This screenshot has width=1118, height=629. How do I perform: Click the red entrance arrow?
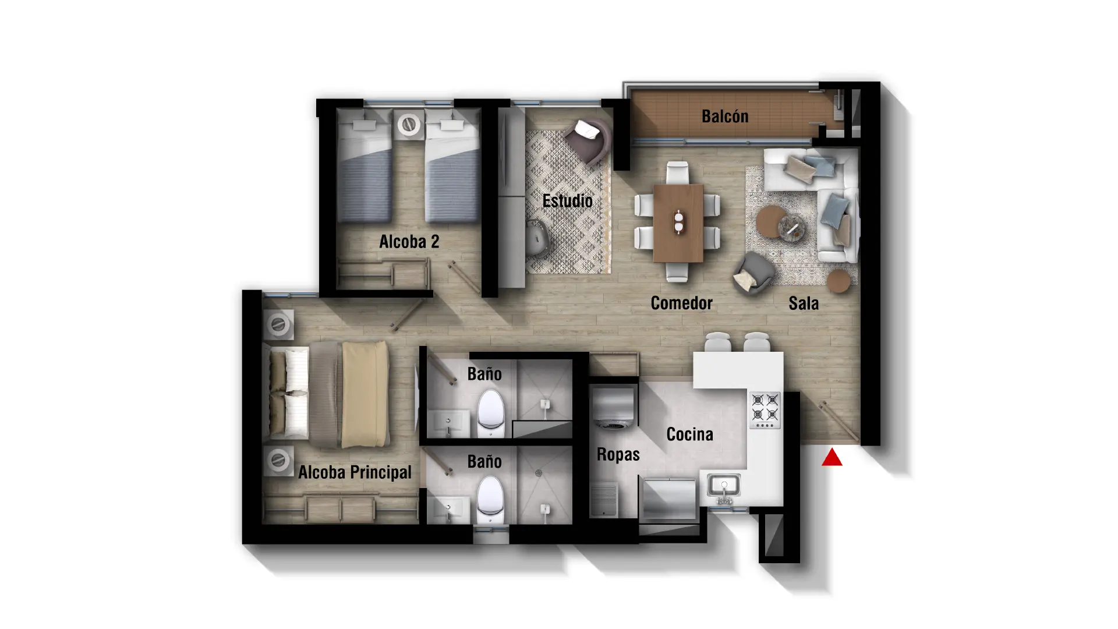(832, 458)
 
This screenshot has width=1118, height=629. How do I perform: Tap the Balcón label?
(725, 116)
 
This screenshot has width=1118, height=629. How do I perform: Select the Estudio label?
(567, 201)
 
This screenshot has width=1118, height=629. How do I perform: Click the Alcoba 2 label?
(409, 242)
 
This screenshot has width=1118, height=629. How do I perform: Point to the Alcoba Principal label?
(355, 472)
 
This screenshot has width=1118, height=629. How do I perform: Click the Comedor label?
(681, 303)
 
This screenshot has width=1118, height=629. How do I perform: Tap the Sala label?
(804, 303)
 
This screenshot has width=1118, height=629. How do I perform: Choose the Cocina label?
(689, 434)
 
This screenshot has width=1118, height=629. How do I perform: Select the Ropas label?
(618, 454)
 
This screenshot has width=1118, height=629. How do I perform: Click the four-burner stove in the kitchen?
(765, 410)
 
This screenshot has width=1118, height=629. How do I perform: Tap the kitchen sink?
(724, 488)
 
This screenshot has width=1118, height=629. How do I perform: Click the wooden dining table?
(678, 223)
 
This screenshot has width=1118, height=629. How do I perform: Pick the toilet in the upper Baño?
(490, 413)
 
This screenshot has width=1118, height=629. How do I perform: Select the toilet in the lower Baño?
(490, 501)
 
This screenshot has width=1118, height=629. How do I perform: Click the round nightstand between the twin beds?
(409, 125)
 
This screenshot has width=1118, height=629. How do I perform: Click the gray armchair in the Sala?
(754, 273)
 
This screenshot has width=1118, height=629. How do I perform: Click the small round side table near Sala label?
(839, 281)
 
